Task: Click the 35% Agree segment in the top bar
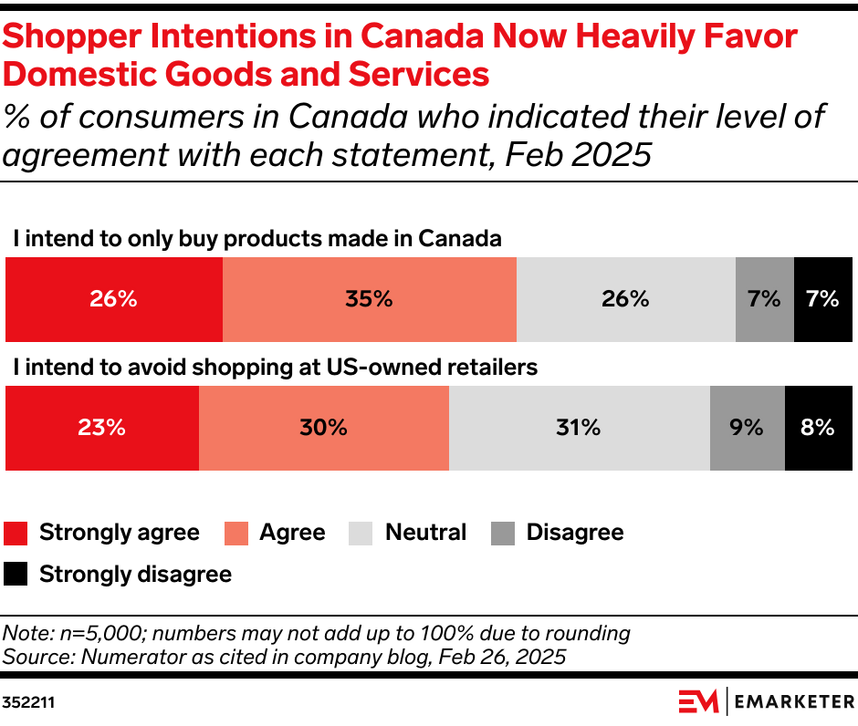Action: pyautogui.click(x=369, y=299)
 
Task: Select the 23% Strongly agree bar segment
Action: pyautogui.click(x=102, y=428)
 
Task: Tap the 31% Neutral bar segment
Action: pyautogui.click(x=579, y=428)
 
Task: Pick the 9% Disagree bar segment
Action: pyautogui.click(x=747, y=428)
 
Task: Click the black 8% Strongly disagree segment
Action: pyautogui.click(x=818, y=428)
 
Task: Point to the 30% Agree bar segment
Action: pyautogui.click(x=323, y=428)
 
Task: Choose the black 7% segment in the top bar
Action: pyautogui.click(x=822, y=299)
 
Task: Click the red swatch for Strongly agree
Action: pyautogui.click(x=16, y=534)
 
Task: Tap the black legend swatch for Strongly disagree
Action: pyautogui.click(x=16, y=575)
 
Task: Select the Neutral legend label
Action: pyautogui.click(x=425, y=533)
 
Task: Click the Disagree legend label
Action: pyautogui.click(x=574, y=533)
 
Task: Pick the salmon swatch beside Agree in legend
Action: pyautogui.click(x=236, y=534)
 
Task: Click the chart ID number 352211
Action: pyautogui.click(x=27, y=703)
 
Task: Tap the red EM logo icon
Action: pyautogui.click(x=699, y=701)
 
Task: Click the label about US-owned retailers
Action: pyautogui.click(x=275, y=368)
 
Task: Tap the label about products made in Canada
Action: pyautogui.click(x=257, y=239)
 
